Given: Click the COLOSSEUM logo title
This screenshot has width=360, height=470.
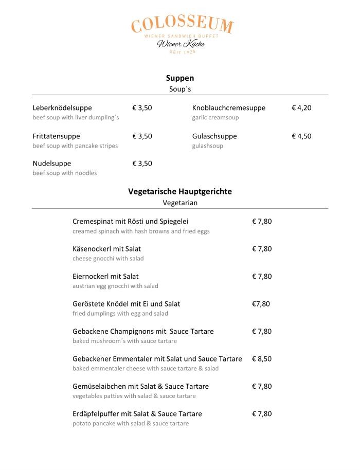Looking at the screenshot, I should [x=182, y=25].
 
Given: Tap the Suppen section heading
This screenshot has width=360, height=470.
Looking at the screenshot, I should [x=180, y=78].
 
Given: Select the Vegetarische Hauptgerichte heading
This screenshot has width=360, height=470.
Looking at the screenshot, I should [x=180, y=191].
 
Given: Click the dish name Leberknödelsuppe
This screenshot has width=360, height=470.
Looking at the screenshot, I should [x=62, y=108].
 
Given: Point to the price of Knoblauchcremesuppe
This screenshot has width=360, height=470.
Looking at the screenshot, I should [x=301, y=108].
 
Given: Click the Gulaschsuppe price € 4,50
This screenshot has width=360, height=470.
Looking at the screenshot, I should [x=301, y=136].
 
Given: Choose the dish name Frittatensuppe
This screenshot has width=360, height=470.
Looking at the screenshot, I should [x=57, y=136].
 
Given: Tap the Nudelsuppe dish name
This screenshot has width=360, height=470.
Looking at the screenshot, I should [x=52, y=164].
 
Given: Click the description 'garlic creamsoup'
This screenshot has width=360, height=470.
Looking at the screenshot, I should [x=215, y=118].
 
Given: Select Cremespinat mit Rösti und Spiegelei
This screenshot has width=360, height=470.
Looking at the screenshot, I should [x=131, y=222].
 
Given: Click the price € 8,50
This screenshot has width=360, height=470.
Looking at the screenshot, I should [x=262, y=359].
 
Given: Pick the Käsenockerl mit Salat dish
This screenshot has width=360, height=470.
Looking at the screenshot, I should [x=107, y=249].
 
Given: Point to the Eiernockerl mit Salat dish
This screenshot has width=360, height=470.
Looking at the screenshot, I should [x=105, y=276].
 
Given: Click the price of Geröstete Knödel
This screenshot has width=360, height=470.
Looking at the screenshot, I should [x=261, y=304].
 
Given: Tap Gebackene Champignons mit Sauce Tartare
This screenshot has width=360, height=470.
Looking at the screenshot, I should [x=143, y=331].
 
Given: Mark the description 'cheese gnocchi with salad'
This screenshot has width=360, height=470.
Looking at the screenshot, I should [x=108, y=259].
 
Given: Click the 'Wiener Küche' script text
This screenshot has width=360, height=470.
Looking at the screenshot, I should [x=181, y=44].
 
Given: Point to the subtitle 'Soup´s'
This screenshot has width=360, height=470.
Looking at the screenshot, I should [x=180, y=89].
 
